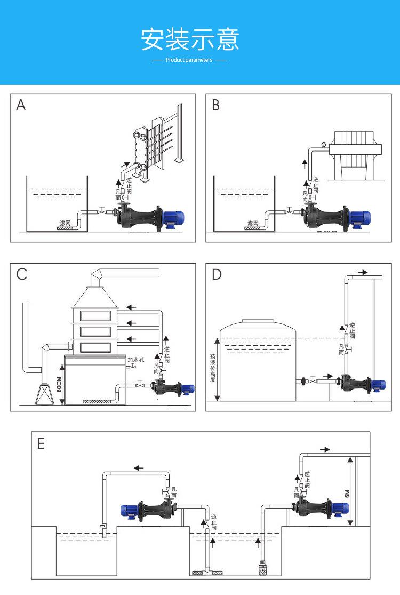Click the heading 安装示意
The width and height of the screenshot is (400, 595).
tap(190, 39)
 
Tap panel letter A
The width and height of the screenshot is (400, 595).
tap(21, 105)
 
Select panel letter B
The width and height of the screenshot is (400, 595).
tap(215, 105)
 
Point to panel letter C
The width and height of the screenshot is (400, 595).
tap(22, 274)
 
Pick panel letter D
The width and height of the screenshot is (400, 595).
tap(217, 274)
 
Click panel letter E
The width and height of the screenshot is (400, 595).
tap(41, 444)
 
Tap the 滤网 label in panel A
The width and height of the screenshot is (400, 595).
tap(65, 221)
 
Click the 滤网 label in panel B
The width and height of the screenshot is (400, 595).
tap(253, 222)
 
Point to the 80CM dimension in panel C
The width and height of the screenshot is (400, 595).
tap(59, 384)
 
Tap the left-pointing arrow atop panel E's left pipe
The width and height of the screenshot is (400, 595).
tap(139, 468)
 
